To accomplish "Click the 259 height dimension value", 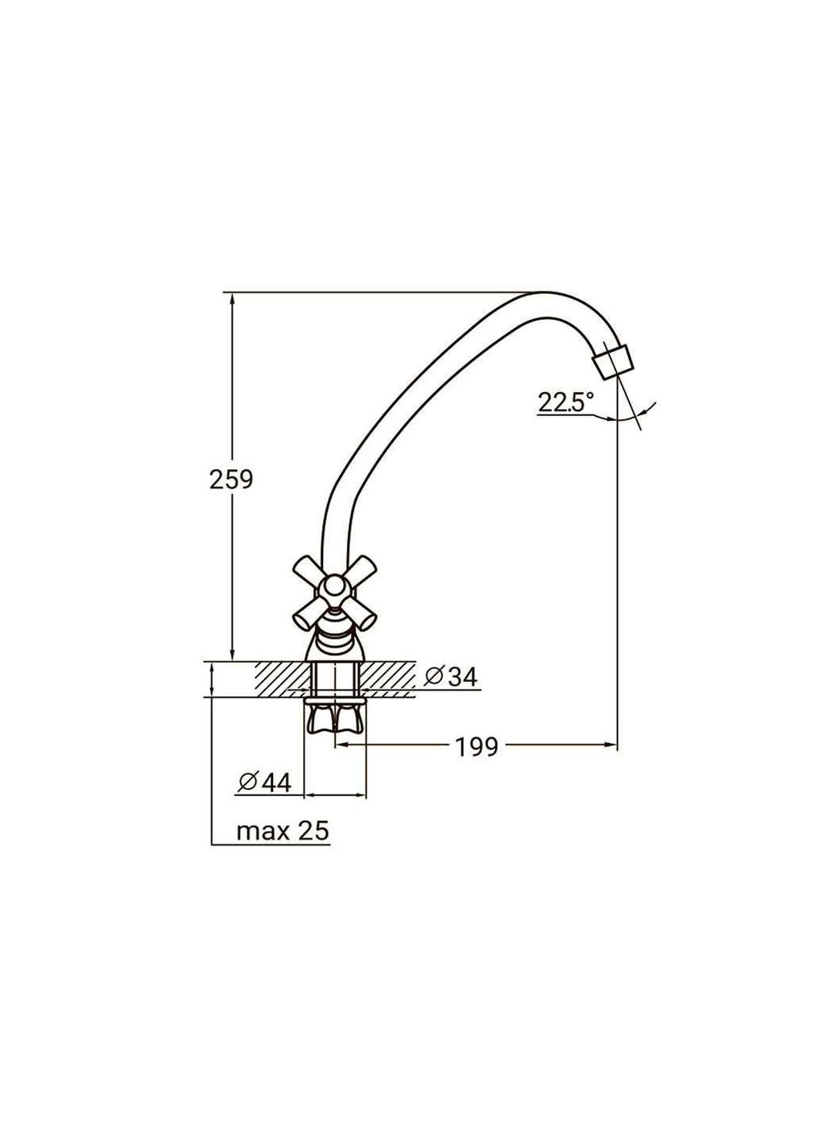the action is [231, 480].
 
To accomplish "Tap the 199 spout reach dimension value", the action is [476, 747].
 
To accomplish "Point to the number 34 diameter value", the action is [463, 677].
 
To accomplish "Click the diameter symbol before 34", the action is [434, 677].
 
